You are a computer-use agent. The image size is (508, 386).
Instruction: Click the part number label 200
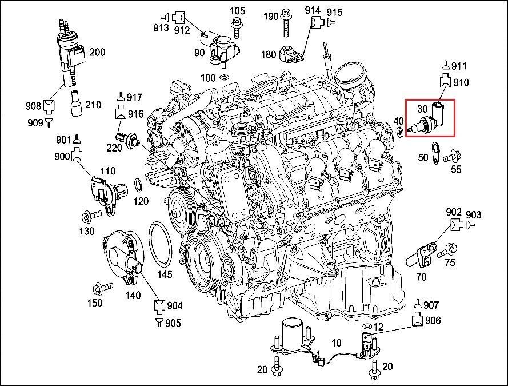[x=97, y=53]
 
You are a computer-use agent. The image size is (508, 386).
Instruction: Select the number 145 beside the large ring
[x=165, y=274]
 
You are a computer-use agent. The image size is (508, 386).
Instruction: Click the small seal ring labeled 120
[x=138, y=184]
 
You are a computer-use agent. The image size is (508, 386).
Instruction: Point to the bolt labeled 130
[x=91, y=215]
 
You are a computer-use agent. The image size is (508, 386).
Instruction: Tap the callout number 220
[x=114, y=147]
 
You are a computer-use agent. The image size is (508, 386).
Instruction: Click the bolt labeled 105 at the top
[x=236, y=23]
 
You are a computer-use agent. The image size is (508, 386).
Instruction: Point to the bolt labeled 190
[x=285, y=20]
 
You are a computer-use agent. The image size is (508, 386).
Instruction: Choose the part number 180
[x=268, y=54]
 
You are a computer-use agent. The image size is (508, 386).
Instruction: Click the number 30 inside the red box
[x=422, y=108]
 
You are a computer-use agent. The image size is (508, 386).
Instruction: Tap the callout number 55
[x=456, y=170]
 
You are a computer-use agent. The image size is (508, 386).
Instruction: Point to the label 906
[x=433, y=320]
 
